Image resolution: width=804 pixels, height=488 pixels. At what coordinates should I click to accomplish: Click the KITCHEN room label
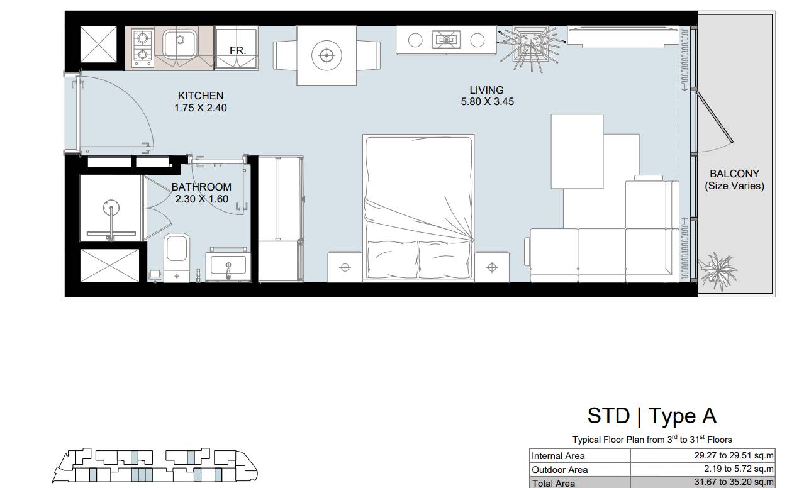[201, 96]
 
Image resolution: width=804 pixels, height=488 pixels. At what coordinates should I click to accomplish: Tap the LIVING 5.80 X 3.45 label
[487, 96]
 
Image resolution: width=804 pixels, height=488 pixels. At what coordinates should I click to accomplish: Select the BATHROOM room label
[201, 187]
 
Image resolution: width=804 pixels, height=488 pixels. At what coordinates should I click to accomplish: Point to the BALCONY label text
[734, 174]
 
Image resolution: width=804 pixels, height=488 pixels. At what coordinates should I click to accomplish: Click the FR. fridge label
[238, 50]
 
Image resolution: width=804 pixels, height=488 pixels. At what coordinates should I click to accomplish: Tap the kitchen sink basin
[180, 43]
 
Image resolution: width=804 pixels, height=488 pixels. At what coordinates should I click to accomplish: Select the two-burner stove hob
[143, 48]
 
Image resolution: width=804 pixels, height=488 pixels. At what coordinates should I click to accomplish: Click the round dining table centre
[327, 55]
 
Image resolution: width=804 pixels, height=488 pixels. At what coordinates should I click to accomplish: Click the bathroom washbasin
[228, 265]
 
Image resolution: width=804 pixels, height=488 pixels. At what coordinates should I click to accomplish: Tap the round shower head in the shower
[111, 208]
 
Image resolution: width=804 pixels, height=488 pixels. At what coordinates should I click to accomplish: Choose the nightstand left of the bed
[345, 267]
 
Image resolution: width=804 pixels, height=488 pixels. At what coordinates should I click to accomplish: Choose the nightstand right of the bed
[492, 267]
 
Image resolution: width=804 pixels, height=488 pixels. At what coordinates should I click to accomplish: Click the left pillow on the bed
[393, 259]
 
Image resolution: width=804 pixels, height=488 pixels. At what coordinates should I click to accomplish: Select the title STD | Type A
[652, 416]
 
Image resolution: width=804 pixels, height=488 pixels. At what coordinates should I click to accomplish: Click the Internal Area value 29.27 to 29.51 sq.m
[734, 455]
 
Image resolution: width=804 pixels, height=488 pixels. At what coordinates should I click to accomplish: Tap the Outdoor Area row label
[559, 470]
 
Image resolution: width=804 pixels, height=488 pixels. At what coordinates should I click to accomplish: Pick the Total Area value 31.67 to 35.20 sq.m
[734, 482]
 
